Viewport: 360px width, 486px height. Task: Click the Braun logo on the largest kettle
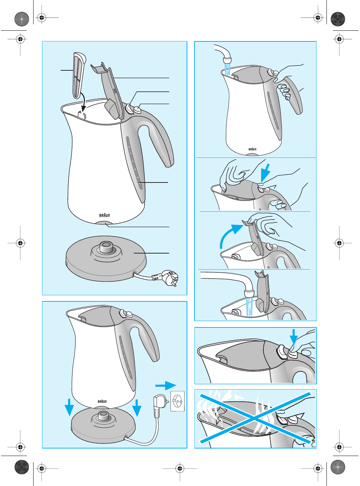coord(105,215)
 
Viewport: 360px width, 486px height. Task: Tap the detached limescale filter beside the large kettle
coord(79,75)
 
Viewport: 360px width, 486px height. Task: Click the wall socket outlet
coord(177,401)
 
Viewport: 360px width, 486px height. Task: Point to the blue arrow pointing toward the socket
coord(166,385)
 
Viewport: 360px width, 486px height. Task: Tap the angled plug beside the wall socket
coord(161,405)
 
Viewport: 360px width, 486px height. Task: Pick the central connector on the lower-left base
coord(103,416)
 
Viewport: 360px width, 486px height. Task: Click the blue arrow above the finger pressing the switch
coord(293,337)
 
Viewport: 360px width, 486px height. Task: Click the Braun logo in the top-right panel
coord(252,149)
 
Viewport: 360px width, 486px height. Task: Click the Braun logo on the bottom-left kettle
coord(102,401)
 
